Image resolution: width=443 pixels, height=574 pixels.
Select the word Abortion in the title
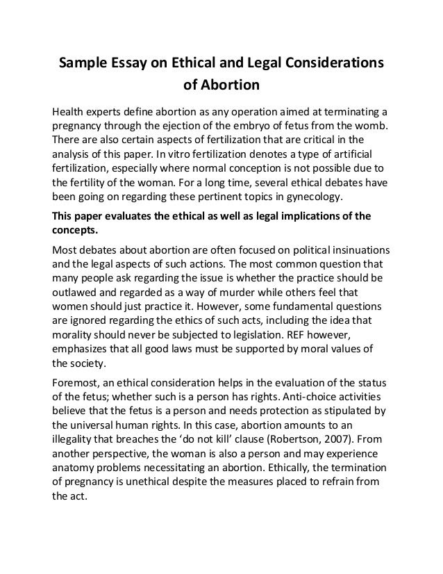click(231, 87)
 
